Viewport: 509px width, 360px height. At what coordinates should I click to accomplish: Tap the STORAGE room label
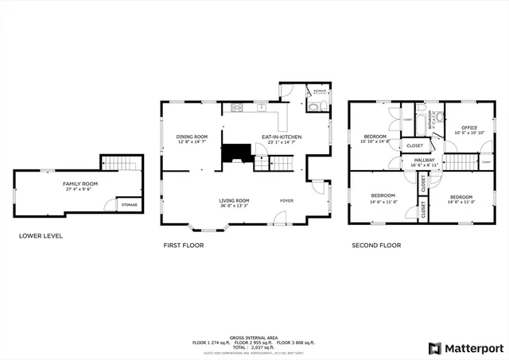coord(128,205)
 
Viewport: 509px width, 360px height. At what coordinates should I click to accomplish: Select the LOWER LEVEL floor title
coord(41,236)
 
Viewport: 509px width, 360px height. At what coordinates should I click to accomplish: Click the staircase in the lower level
coord(122,163)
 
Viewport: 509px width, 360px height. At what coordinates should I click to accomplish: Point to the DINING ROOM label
coord(192,137)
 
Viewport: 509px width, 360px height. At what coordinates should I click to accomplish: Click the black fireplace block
coord(235,153)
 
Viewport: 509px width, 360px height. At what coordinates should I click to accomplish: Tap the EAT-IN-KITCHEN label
coord(282,137)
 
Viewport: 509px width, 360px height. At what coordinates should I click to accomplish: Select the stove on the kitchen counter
coord(236,107)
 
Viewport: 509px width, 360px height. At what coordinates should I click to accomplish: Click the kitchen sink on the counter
coord(261,106)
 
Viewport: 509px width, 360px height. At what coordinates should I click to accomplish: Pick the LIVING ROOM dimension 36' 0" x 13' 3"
coord(234,206)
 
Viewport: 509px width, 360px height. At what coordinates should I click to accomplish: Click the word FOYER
coord(286,200)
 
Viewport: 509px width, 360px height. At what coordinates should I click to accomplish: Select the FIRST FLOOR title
coord(183,246)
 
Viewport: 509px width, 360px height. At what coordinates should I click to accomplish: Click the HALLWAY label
coord(423,160)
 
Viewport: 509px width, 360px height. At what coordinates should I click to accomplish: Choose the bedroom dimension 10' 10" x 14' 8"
coord(375,141)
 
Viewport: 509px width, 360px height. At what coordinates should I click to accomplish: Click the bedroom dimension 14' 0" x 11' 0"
coord(461,202)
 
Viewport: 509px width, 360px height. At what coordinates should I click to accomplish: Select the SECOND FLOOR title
coord(376,246)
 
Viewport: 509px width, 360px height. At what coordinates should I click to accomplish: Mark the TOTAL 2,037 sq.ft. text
coord(254,348)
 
